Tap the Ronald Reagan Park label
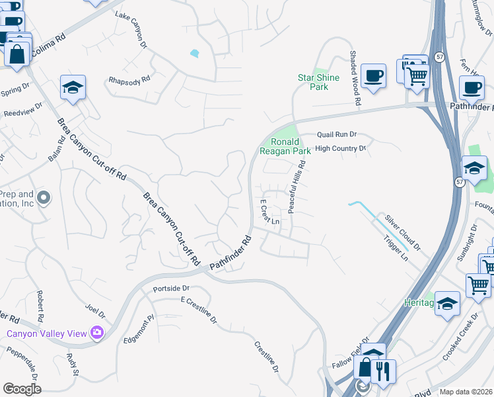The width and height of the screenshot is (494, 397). click(284, 146)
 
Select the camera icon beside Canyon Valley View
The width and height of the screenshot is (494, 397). click(98, 333)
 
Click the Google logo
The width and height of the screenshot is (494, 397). click(21, 389)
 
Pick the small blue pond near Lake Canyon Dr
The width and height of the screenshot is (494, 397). click(194, 53)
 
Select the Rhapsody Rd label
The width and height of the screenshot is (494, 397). click(129, 81)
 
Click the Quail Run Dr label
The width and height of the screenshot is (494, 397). click(336, 133)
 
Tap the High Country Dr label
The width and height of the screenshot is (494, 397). click(340, 149)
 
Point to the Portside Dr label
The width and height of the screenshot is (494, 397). click(171, 288)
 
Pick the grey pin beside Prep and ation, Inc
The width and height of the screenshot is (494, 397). click(44, 198)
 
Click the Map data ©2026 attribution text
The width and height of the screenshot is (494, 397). click(465, 392)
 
